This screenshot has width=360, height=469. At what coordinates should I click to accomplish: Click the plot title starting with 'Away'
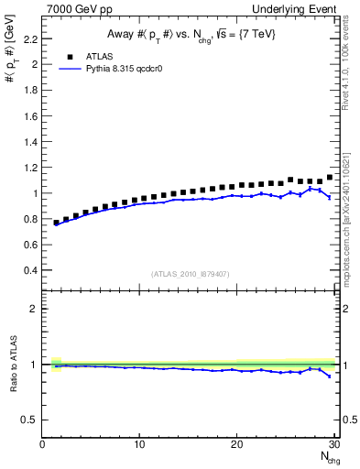[x=190, y=35]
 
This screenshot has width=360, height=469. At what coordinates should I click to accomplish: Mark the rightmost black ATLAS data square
[x=330, y=178]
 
